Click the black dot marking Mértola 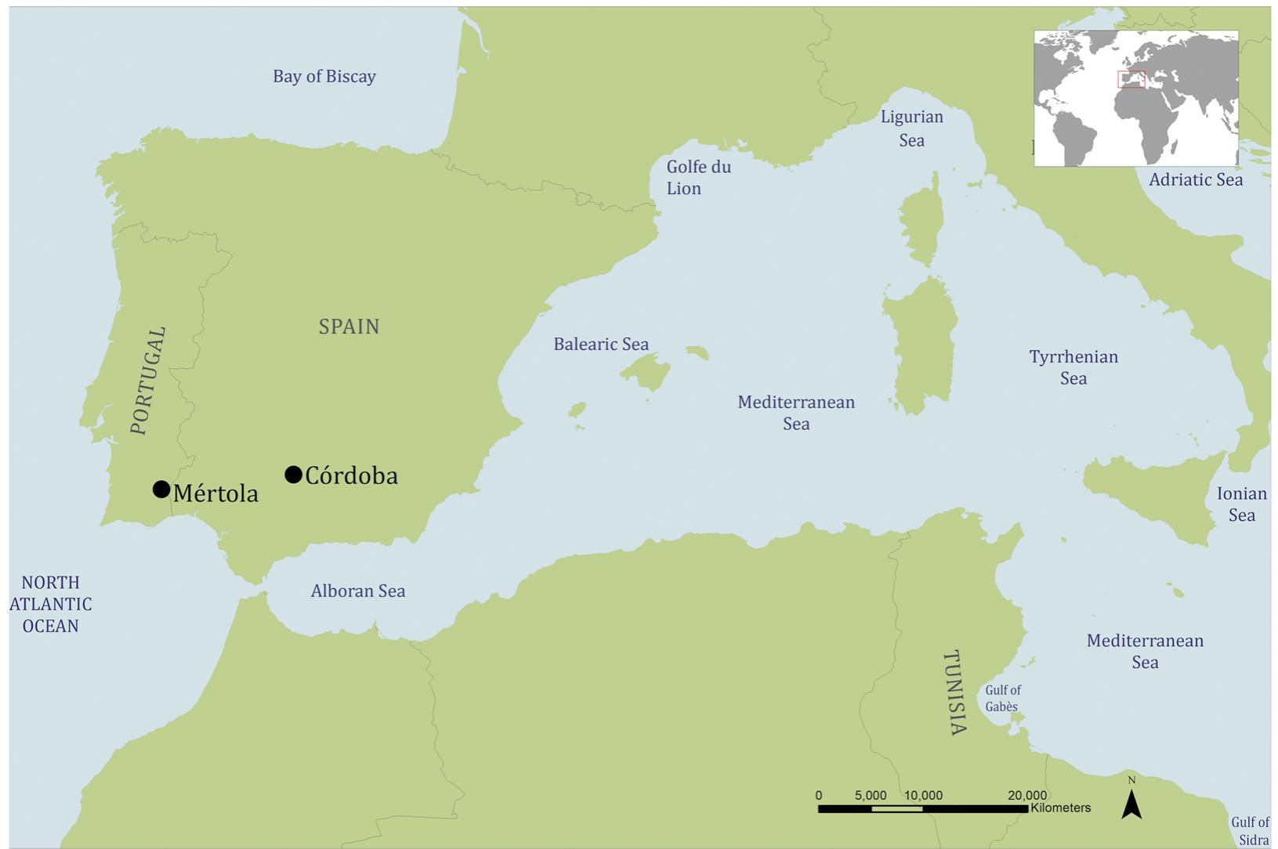click(x=161, y=490)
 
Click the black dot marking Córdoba click(x=293, y=474)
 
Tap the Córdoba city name click(x=351, y=475)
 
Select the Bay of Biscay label click(x=324, y=77)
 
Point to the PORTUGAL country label click(x=148, y=381)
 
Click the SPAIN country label click(x=349, y=327)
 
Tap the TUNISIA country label click(x=954, y=692)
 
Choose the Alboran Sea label click(x=357, y=591)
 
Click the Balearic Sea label click(x=601, y=345)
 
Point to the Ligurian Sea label click(x=911, y=128)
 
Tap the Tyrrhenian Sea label click(x=1073, y=367)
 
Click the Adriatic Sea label click(x=1195, y=180)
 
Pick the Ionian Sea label click(x=1241, y=504)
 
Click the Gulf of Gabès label click(x=1002, y=698)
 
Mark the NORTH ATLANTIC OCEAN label click(x=51, y=604)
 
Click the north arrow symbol click(x=1131, y=804)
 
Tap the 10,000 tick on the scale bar click(x=923, y=796)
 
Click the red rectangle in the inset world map click(x=1131, y=79)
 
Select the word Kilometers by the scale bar click(x=1060, y=807)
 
